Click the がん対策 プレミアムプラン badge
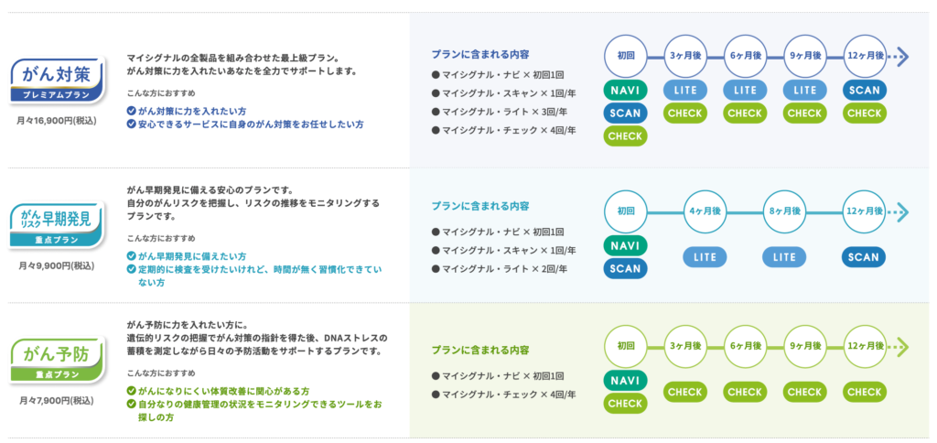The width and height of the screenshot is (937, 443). point(58,80)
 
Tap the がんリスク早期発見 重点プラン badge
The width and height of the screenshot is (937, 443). point(58,224)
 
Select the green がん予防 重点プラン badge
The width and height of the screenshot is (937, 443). point(58,360)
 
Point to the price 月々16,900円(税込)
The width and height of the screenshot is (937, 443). point(57,120)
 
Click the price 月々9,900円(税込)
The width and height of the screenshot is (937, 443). point(57,265)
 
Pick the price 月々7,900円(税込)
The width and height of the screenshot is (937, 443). point(57,400)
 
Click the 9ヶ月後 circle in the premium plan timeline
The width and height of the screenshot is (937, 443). point(804,56)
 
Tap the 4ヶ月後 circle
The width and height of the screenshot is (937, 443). point(705,211)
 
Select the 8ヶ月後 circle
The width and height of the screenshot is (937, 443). point(784,211)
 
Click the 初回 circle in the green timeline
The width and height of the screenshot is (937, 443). point(625,346)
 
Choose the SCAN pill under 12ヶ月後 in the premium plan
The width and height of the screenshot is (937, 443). point(864,91)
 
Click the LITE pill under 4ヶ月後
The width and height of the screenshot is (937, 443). point(705,257)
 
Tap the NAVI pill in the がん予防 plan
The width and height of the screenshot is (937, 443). point(625,381)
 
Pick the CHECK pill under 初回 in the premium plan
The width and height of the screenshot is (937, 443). point(625,135)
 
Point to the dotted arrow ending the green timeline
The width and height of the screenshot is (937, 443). point(898,347)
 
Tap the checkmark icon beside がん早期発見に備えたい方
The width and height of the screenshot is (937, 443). point(132,256)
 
